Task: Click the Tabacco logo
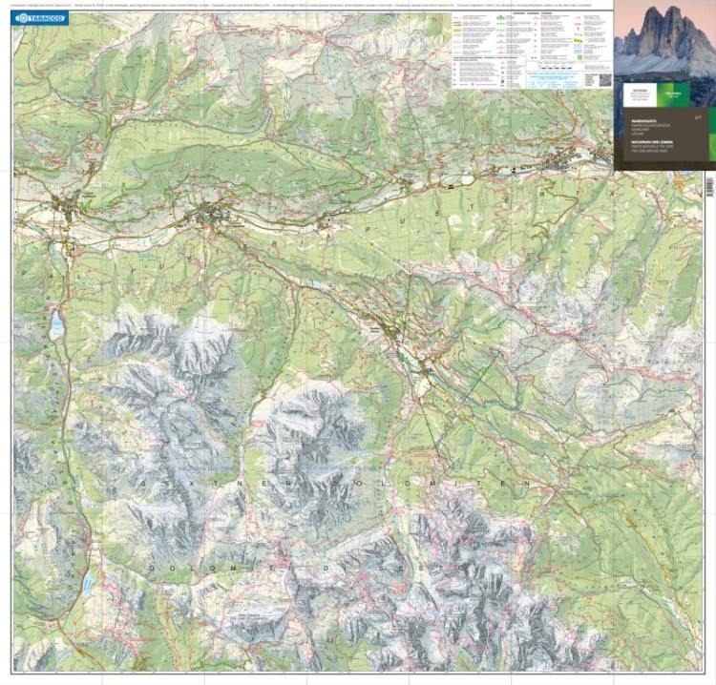41,18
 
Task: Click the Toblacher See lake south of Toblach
58,324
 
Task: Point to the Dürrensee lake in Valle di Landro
89,584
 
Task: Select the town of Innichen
209,217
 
